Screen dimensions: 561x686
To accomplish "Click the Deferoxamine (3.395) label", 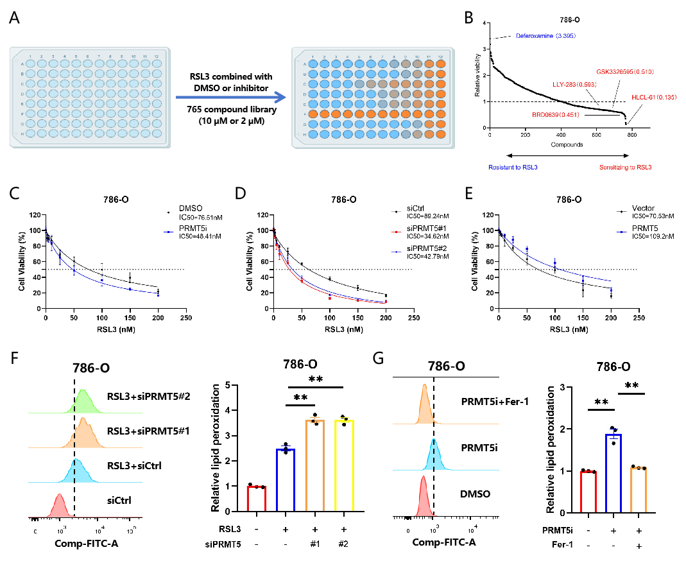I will point(545,35).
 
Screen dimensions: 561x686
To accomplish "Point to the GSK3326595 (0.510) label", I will point(624,71).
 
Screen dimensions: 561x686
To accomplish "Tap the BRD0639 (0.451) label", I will point(555,116).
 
